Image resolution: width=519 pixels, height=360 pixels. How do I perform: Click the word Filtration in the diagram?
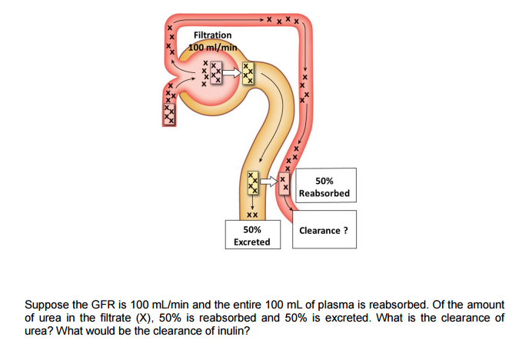tap(212, 35)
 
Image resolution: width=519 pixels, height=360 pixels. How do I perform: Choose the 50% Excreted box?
tap(251, 235)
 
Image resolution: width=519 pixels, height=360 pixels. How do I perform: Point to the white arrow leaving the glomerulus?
tap(228, 75)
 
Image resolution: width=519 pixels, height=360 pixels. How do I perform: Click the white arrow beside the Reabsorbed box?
tap(268, 182)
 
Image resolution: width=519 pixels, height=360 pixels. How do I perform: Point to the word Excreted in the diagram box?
tap(251, 242)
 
